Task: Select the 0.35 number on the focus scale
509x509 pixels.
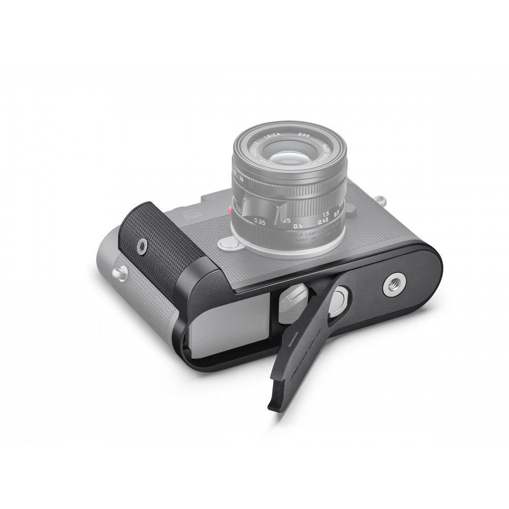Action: click(x=260, y=222)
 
